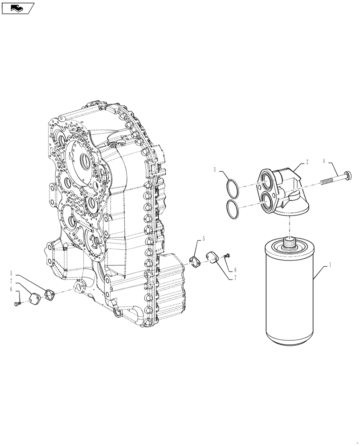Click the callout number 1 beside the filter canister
330,265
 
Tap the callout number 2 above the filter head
307,163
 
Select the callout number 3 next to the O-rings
215,170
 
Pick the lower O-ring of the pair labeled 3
232,209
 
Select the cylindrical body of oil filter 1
290,299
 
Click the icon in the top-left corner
18,8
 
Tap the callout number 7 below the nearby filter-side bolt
234,278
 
